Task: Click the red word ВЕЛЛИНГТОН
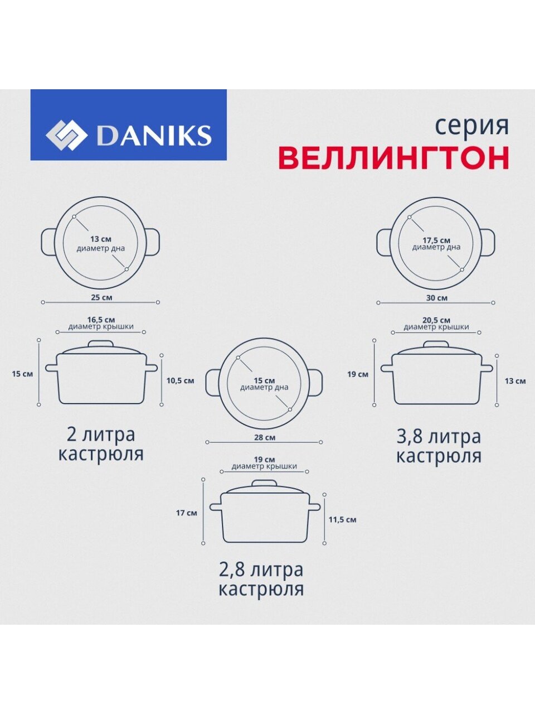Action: tap(393, 158)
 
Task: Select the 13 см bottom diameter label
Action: tap(101, 239)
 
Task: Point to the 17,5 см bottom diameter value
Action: tap(436, 240)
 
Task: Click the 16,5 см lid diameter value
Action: tap(101, 320)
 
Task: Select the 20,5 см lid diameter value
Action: tap(436, 320)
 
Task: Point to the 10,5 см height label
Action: tap(180, 380)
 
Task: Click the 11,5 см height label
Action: tap(342, 519)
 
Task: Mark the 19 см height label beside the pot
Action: tap(358, 374)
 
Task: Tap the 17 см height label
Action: tap(187, 513)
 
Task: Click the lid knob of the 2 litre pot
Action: tap(101, 344)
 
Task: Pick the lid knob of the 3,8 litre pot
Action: tap(436, 345)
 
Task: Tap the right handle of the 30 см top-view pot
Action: tap(488, 243)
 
